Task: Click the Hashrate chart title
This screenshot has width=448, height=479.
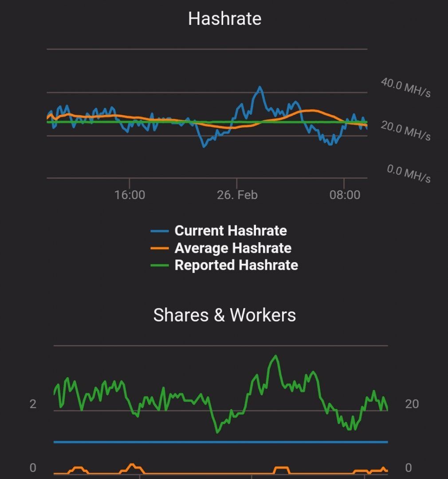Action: click(224, 19)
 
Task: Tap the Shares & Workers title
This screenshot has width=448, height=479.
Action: click(224, 315)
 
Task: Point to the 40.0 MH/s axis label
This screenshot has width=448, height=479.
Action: click(405, 87)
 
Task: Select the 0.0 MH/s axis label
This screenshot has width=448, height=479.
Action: click(408, 173)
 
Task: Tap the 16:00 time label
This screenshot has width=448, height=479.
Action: click(130, 195)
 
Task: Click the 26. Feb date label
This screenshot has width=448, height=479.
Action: click(237, 195)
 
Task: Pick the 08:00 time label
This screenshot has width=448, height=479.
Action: click(345, 195)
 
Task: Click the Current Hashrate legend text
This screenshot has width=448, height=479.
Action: click(231, 231)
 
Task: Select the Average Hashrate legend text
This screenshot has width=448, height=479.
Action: click(233, 248)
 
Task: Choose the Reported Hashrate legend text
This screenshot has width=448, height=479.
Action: click(236, 265)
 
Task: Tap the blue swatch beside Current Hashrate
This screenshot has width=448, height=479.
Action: click(160, 231)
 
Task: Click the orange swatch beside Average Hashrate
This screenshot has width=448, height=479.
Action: click(160, 248)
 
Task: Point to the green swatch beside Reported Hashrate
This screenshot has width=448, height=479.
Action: click(160, 266)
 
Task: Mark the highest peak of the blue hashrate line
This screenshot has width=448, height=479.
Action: click(259, 87)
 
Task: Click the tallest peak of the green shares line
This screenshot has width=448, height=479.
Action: click(276, 356)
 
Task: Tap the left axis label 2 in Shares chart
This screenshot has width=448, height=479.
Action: click(33, 404)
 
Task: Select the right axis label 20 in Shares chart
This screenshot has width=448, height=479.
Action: click(412, 404)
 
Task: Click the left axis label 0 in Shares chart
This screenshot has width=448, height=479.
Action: click(33, 468)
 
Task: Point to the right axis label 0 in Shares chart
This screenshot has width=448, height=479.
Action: click(409, 468)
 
